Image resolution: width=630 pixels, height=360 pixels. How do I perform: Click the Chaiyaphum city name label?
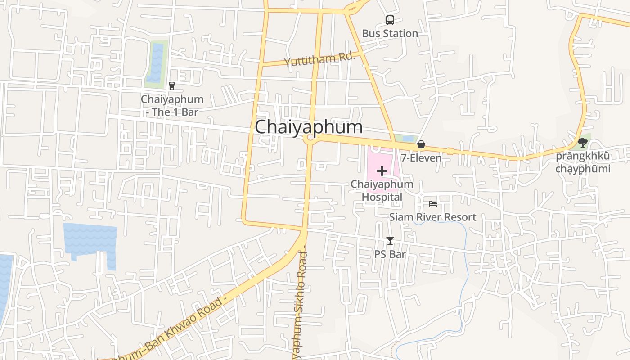pyautogui.click(x=309, y=127)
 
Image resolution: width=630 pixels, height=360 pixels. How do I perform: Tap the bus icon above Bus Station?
pyautogui.click(x=390, y=20)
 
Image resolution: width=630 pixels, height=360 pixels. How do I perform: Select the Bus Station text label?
pyautogui.click(x=390, y=33)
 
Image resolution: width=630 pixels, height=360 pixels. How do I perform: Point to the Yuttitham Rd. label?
pyautogui.click(x=319, y=59)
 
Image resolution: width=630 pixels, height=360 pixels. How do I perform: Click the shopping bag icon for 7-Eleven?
pyautogui.click(x=421, y=144)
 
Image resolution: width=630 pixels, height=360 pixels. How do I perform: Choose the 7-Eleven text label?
pyautogui.click(x=421, y=158)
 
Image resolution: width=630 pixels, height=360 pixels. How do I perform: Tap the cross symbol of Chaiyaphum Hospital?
pyautogui.click(x=382, y=171)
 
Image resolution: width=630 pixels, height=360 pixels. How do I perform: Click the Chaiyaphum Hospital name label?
pyautogui.click(x=382, y=190)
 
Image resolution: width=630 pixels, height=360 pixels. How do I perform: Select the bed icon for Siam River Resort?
pyautogui.click(x=433, y=204)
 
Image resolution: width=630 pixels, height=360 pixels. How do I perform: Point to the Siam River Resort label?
pyautogui.click(x=432, y=217)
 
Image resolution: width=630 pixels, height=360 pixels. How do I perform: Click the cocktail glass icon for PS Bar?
pyautogui.click(x=390, y=241)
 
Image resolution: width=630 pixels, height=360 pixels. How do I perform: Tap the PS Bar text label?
pyautogui.click(x=390, y=254)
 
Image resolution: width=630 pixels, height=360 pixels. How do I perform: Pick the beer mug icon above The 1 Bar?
pyautogui.click(x=171, y=85)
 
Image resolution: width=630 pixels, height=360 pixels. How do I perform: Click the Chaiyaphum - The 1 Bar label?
pyautogui.click(x=172, y=105)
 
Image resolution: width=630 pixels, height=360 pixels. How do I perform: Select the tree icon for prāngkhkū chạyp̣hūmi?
pyautogui.click(x=583, y=143)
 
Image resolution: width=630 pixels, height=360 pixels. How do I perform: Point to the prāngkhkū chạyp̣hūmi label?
pyautogui.click(x=583, y=162)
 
